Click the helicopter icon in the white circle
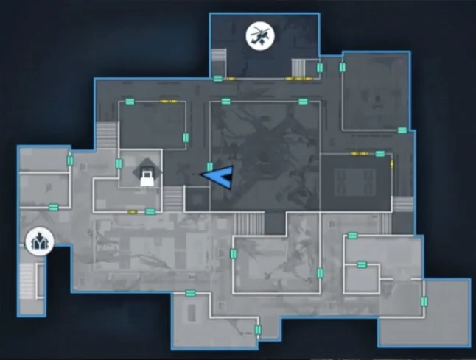click(259, 35)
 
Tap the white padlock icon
click(147, 176)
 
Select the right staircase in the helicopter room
click(299, 67)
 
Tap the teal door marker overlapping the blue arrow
click(210, 168)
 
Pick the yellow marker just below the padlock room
click(133, 212)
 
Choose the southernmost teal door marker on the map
click(258, 330)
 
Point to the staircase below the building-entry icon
click(27, 280)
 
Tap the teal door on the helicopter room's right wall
click(320, 68)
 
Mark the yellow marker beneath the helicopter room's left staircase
click(230, 78)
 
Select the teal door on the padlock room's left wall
click(119, 163)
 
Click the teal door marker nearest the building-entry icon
click(53, 208)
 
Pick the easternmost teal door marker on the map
click(424, 301)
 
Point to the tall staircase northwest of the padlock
click(106, 138)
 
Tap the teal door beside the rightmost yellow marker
click(380, 154)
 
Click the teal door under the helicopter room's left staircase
click(218, 78)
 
